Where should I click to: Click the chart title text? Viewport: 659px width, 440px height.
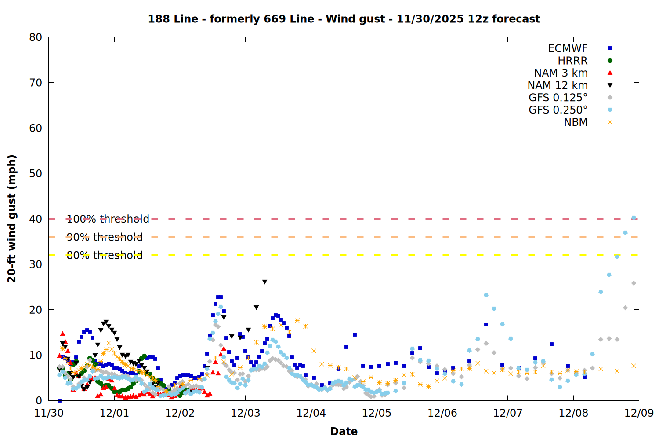344,19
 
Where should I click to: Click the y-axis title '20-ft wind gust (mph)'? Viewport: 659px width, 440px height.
12,219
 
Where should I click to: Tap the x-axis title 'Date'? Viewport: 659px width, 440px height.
344,431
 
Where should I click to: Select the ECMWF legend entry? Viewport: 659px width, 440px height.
568,48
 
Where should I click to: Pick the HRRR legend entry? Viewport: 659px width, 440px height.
572,61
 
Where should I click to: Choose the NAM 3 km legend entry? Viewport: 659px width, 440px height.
561,73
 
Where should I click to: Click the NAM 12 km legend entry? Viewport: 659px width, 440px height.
558,85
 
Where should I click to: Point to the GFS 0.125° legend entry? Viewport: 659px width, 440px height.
558,98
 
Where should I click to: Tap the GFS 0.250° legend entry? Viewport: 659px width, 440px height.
558,110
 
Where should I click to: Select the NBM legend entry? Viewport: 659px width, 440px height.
576,122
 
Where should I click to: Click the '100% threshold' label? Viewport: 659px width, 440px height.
108,219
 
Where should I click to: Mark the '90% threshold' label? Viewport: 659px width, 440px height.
105,237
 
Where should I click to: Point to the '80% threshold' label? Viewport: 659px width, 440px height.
105,255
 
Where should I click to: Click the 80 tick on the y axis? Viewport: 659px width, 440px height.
36,37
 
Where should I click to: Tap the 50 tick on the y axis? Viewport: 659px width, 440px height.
36,173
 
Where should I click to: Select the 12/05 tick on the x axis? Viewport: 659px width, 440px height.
377,413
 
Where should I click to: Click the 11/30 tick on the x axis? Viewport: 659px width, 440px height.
49,413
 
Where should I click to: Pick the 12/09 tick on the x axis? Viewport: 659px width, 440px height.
639,413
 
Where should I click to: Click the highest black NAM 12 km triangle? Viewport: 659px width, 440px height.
264,282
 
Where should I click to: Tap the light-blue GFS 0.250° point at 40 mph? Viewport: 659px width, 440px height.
634,218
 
